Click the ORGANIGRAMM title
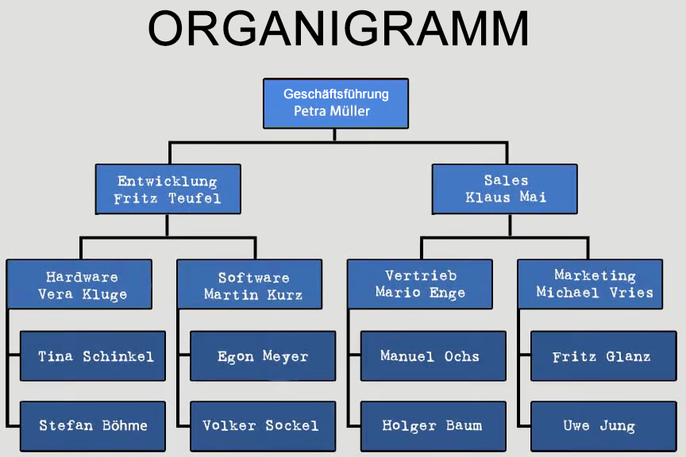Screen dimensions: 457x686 [338, 29]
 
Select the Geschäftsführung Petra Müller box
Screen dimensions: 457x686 [336, 103]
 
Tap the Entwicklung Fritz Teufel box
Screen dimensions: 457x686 [168, 189]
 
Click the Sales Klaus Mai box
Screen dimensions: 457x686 [505, 189]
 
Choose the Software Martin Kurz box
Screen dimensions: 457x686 [250, 285]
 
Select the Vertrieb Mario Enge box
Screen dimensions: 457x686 [420, 284]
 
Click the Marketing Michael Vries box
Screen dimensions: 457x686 [590, 284]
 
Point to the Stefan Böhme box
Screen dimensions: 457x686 [93, 426]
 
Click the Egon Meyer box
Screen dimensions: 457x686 [263, 356]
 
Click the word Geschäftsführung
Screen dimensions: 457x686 [336, 94]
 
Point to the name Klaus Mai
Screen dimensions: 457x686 [506, 198]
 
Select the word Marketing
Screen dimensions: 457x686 [595, 276]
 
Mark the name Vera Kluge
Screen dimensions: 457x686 [83, 294]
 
